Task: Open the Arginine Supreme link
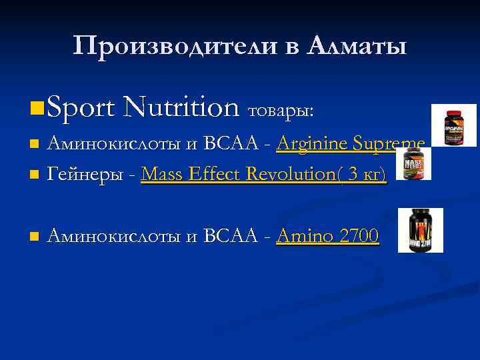pyautogui.click(x=351, y=144)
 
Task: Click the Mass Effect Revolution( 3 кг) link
pyautogui.click(x=263, y=175)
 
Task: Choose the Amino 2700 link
pyautogui.click(x=327, y=236)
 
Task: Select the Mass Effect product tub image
pyautogui.click(x=413, y=164)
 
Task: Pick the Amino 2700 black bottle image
pyautogui.click(x=420, y=230)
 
